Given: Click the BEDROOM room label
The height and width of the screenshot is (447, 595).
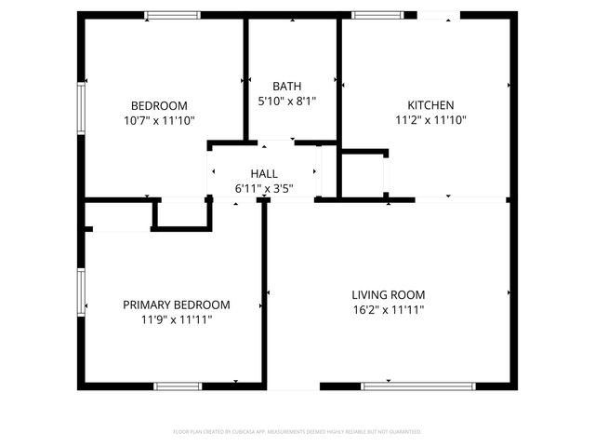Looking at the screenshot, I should pos(159,105).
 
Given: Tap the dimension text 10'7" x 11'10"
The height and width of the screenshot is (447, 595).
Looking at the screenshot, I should pos(159,120).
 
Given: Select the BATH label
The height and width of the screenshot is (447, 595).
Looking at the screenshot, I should pos(286,86).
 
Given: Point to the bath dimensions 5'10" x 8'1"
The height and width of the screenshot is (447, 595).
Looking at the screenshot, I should pos(286,101).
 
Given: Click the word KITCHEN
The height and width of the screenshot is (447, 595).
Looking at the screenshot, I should pos(430,105).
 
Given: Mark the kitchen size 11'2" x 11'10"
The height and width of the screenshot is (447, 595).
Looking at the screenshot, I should pos(430,120).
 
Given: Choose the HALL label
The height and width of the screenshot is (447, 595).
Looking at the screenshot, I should pos(264,174).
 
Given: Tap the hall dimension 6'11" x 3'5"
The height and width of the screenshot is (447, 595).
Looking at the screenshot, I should pos(264,189).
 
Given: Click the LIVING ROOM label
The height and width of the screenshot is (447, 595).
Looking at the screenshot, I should pos(388,294).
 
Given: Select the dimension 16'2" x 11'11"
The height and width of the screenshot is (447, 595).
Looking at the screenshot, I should pos(388,309).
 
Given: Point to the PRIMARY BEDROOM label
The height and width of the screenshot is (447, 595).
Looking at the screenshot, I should pos(177,305).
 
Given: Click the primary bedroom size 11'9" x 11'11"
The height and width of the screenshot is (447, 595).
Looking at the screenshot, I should pos(177,319).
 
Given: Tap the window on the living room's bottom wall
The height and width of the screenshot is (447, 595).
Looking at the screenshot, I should pos(404,386).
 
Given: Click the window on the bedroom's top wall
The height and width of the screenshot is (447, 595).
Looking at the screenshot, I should pos(172,15).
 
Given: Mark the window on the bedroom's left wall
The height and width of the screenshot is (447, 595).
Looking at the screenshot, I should pos(81,111).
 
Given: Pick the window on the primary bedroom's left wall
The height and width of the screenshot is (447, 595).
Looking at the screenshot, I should pos(81,292).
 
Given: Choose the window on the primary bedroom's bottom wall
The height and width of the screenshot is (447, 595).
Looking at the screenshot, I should pos(178,386).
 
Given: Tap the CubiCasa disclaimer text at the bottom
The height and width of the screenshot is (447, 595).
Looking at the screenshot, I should pos(297,431).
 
